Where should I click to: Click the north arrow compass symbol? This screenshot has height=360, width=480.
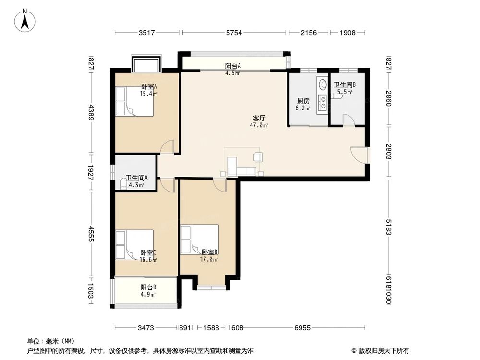25,21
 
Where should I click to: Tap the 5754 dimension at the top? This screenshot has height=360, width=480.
234,33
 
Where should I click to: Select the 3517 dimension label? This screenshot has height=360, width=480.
146,33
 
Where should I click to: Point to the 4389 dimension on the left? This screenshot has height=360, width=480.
91,112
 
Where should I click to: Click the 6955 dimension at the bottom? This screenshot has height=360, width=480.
302,328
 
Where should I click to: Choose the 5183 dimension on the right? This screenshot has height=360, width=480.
388,227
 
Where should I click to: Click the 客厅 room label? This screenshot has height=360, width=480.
259,118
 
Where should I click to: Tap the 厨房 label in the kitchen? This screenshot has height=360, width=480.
303,101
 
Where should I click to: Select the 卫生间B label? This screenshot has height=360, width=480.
344,85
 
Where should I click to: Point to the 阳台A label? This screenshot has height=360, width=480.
233,66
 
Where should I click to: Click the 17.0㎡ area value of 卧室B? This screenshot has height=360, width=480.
209,260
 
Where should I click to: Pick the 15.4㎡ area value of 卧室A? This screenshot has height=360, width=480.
148,94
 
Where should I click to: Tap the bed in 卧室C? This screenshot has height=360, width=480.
134,245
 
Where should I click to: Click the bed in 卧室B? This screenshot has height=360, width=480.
200,240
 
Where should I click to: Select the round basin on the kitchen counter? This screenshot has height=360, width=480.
323,84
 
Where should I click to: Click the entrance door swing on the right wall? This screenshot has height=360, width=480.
359,155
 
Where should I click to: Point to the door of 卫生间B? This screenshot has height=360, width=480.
348,120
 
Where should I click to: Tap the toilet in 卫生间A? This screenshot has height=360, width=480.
123,185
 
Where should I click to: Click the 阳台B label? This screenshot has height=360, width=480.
148,287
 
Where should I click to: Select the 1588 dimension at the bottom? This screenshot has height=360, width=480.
211,328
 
